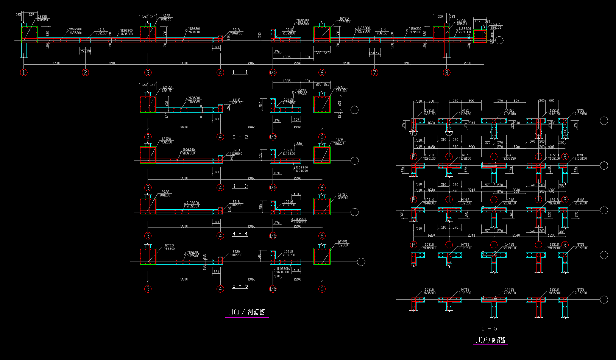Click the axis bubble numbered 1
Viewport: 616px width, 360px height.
(24, 73)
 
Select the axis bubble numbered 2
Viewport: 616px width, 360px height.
(86, 73)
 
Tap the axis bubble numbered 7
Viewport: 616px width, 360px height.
(375, 73)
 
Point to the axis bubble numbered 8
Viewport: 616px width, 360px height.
(447, 73)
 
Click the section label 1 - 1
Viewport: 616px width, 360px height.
(240, 72)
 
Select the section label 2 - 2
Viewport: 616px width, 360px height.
(240, 137)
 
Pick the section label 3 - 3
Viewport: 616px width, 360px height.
(240, 186)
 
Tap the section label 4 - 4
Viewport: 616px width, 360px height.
(240, 234)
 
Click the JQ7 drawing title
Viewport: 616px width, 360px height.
(247, 312)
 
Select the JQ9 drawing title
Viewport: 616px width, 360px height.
(490, 340)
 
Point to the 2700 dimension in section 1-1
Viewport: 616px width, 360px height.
(468, 63)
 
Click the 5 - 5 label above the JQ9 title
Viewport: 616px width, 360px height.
(489, 329)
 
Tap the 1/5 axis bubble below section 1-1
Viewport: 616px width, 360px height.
(273, 73)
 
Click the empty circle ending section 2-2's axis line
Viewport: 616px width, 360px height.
(355, 110)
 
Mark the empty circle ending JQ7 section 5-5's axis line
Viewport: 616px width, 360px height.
(361, 262)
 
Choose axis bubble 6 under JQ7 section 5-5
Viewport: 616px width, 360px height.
(322, 289)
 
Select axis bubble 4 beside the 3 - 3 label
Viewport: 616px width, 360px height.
(220, 188)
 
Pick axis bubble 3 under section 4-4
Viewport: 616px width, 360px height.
(148, 236)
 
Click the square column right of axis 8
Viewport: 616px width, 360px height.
(480, 37)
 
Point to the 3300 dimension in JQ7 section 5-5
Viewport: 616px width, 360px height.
(184, 279)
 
